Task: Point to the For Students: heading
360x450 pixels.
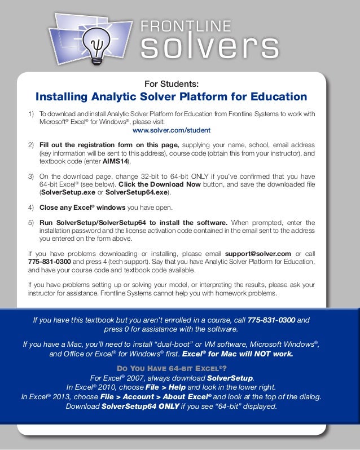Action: click(x=172, y=84)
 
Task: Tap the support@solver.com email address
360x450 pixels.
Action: click(x=258, y=254)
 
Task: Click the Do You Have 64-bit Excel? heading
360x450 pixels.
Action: click(x=171, y=368)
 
